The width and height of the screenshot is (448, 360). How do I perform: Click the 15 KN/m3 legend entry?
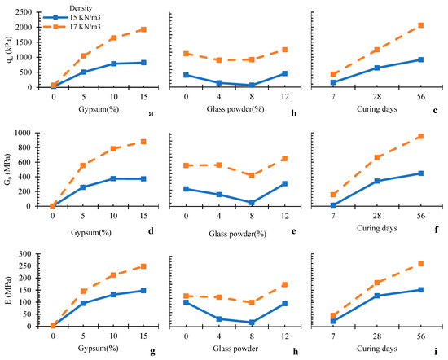(x=72, y=17)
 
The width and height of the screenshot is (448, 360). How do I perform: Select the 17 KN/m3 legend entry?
(x=72, y=27)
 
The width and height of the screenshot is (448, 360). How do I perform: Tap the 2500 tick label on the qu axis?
(x=24, y=12)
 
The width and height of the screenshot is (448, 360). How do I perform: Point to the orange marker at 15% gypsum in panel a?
(x=143, y=29)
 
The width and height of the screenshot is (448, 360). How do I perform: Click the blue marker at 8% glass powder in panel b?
(x=252, y=86)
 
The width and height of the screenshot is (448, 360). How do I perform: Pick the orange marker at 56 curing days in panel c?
(x=420, y=25)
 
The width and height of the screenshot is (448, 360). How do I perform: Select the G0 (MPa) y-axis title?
(x=7, y=169)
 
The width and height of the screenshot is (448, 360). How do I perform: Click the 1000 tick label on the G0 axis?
(x=24, y=133)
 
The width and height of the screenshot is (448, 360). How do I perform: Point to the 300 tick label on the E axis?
(x=26, y=254)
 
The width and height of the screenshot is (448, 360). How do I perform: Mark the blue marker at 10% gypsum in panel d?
(x=113, y=178)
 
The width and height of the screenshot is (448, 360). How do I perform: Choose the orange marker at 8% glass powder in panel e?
(x=252, y=175)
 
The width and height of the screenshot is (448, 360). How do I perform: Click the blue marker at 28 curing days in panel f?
(x=377, y=181)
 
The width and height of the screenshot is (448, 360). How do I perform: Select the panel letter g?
(x=152, y=351)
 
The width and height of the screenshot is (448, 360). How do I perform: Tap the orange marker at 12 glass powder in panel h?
(x=284, y=284)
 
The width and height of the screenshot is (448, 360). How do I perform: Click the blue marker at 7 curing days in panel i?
(x=333, y=321)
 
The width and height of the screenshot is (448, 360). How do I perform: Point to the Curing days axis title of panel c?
(x=377, y=109)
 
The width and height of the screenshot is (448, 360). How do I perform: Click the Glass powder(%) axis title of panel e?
(x=237, y=234)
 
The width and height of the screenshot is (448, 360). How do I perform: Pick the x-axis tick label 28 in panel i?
(x=377, y=336)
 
